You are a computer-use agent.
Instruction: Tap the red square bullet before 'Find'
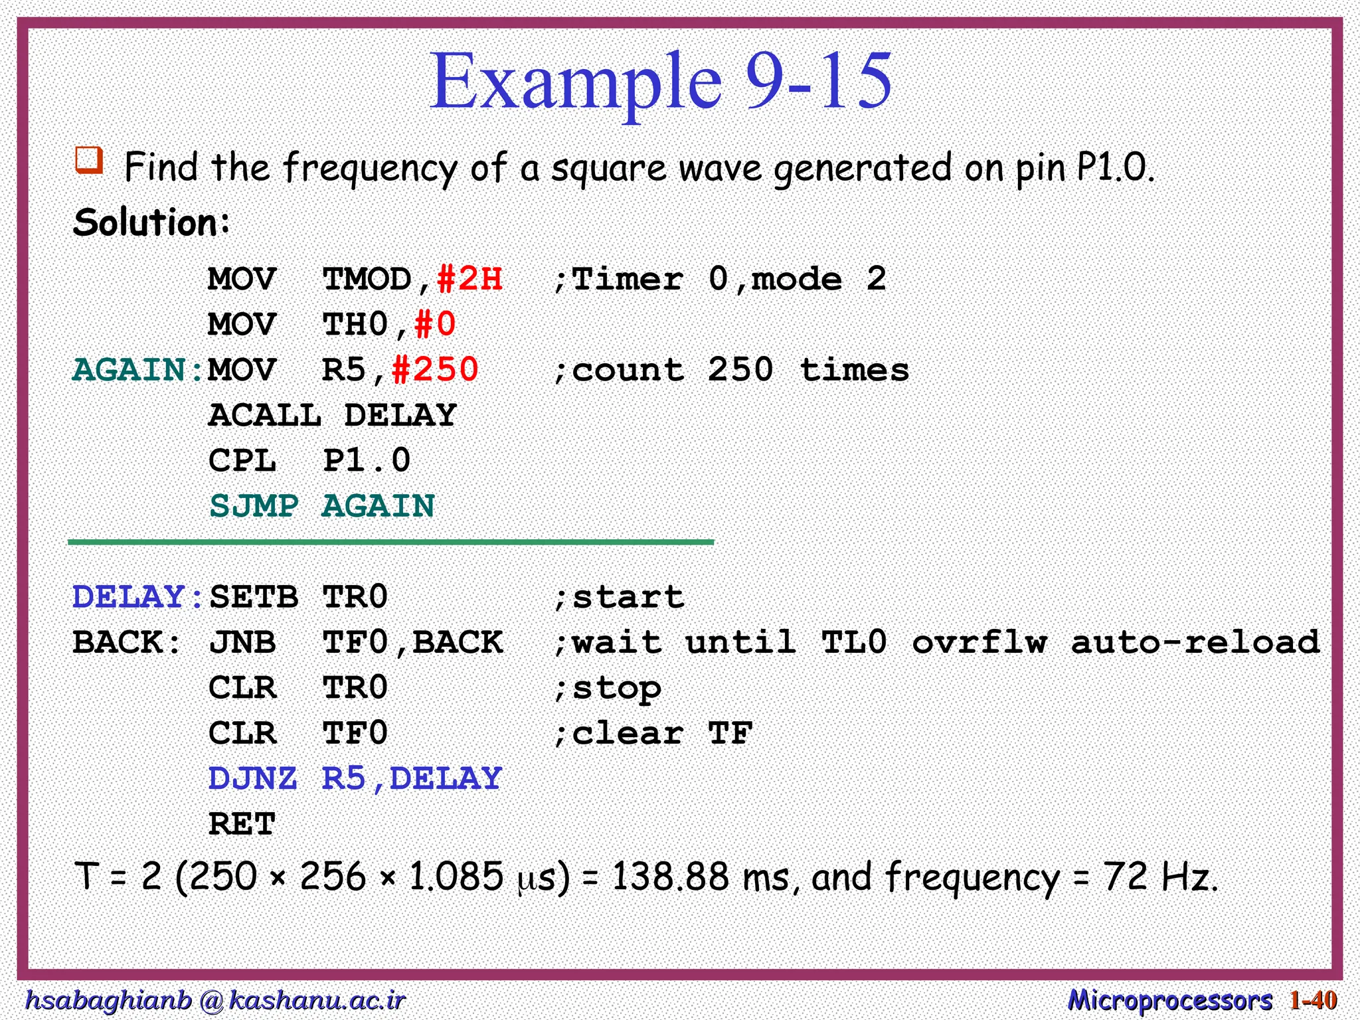(89, 160)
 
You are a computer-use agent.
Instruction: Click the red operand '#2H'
(469, 279)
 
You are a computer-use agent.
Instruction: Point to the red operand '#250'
(435, 370)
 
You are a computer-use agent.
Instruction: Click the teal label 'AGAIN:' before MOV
(138, 370)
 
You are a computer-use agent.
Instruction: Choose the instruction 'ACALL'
(265, 416)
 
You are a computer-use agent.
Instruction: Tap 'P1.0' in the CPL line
(367, 461)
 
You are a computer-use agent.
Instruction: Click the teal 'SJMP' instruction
(254, 506)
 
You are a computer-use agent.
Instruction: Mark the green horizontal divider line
(390, 543)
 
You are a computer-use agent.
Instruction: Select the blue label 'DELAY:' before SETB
(138, 597)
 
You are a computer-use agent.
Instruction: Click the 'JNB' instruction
(242, 642)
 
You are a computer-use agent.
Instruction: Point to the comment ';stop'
(607, 689)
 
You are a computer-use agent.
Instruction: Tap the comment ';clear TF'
(653, 734)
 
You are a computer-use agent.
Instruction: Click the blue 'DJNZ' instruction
(252, 779)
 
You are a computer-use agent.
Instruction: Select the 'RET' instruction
(242, 825)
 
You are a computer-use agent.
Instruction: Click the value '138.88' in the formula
(670, 877)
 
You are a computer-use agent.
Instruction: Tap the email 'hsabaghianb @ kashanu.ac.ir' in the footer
(214, 1000)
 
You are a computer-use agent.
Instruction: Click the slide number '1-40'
(1313, 1000)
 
